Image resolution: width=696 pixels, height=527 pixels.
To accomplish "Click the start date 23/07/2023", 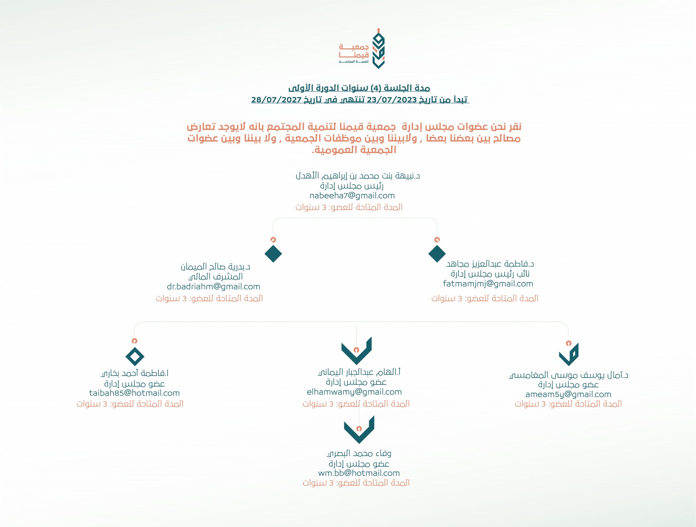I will (391, 100).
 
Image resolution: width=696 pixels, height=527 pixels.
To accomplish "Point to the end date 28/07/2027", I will (276, 100).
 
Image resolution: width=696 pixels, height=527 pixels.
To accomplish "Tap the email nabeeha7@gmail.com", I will (352, 196).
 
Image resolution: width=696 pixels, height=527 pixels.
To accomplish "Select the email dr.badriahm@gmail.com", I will (213, 286).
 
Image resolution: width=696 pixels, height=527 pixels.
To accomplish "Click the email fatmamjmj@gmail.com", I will (488, 284).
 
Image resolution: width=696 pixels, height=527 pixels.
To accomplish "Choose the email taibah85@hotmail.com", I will (134, 393).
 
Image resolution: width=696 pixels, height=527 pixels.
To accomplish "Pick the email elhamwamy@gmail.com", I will (354, 392).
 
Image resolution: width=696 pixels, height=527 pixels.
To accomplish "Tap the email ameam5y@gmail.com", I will (568, 394).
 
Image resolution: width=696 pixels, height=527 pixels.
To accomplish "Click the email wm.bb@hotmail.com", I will (359, 473).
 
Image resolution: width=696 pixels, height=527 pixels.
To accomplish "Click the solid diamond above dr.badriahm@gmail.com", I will (273, 253).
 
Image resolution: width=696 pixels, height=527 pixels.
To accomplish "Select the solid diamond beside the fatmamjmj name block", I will (437, 253).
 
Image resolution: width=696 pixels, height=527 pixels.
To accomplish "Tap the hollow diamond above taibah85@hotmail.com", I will (135, 356).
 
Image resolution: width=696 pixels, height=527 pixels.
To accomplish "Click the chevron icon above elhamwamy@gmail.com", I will (356, 352).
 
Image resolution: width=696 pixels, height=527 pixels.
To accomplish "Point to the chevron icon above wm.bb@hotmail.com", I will (359, 430).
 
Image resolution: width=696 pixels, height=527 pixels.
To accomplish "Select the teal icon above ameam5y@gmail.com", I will (569, 355).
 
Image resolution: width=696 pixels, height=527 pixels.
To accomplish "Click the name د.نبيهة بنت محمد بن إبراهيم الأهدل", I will (357, 176).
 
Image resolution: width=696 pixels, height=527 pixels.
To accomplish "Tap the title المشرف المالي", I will (216, 277).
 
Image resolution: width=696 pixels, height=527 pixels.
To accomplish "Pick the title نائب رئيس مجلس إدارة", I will (490, 274).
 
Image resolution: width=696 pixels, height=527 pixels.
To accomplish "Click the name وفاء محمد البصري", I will (359, 454).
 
